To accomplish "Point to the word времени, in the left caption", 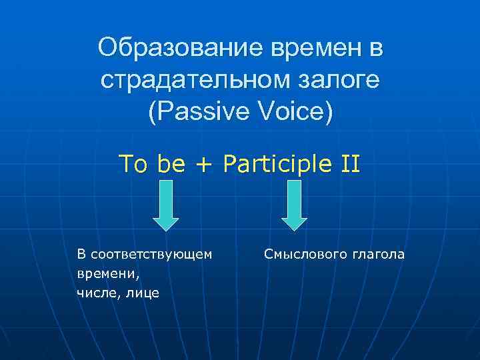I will click(x=101, y=273).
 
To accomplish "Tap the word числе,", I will click(x=97, y=293).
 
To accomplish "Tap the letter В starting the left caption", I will click(x=81, y=254).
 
